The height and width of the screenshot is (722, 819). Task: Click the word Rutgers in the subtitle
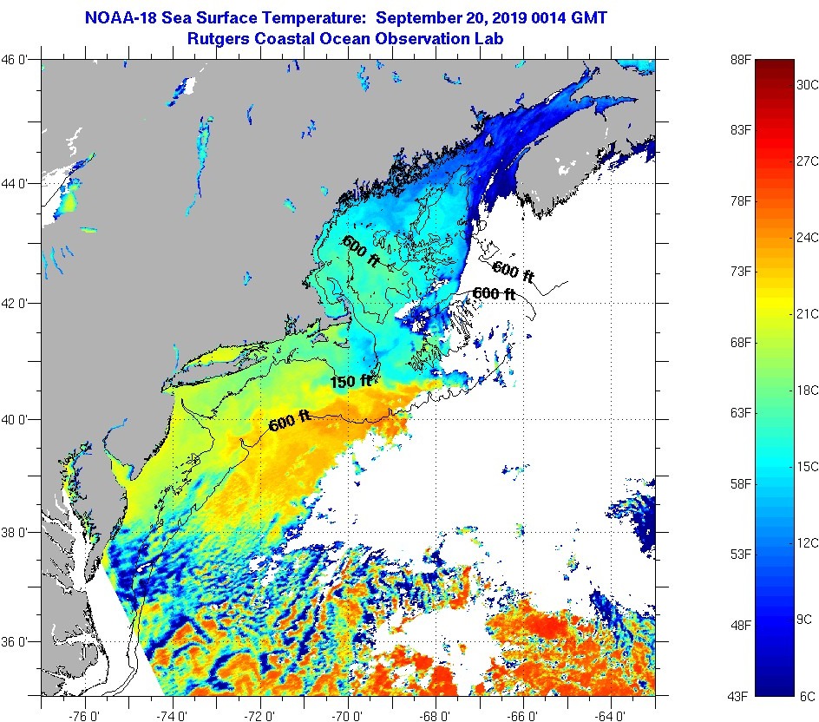coord(218,39)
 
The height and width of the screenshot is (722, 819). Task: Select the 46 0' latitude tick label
coord(19,60)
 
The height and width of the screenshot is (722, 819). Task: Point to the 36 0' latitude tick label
coord(19,642)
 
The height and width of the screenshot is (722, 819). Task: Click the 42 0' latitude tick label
coord(19,304)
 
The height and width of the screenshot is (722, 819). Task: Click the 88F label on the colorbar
coord(738,60)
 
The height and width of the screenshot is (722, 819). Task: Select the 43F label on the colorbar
coord(738,695)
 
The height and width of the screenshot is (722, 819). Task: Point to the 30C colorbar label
coord(809,84)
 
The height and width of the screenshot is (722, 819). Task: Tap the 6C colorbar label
coord(807,695)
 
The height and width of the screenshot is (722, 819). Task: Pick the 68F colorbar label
coord(738,342)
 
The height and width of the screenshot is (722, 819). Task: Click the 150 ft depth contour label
coord(351,381)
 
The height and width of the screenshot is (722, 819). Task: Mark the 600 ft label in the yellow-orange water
coord(290,423)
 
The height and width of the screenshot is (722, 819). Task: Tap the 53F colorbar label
coord(738,554)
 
